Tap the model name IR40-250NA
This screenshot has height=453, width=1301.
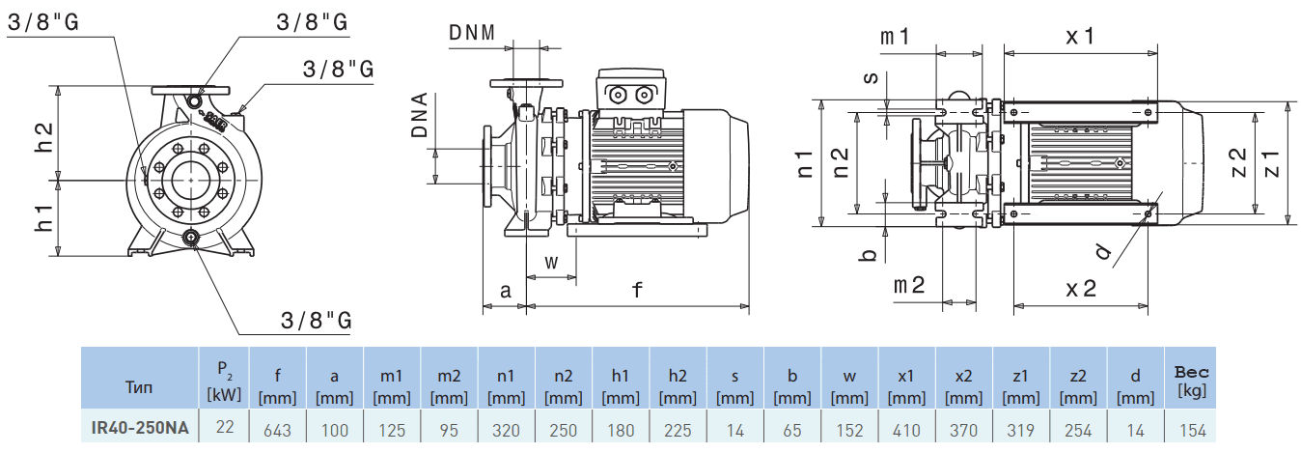138,430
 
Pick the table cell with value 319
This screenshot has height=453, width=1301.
1021,430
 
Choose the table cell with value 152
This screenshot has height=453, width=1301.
849,430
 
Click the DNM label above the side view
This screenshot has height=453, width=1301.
472,32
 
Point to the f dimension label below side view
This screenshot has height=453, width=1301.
637,289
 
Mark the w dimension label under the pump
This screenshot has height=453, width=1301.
551,262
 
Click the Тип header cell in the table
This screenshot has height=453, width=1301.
138,386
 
